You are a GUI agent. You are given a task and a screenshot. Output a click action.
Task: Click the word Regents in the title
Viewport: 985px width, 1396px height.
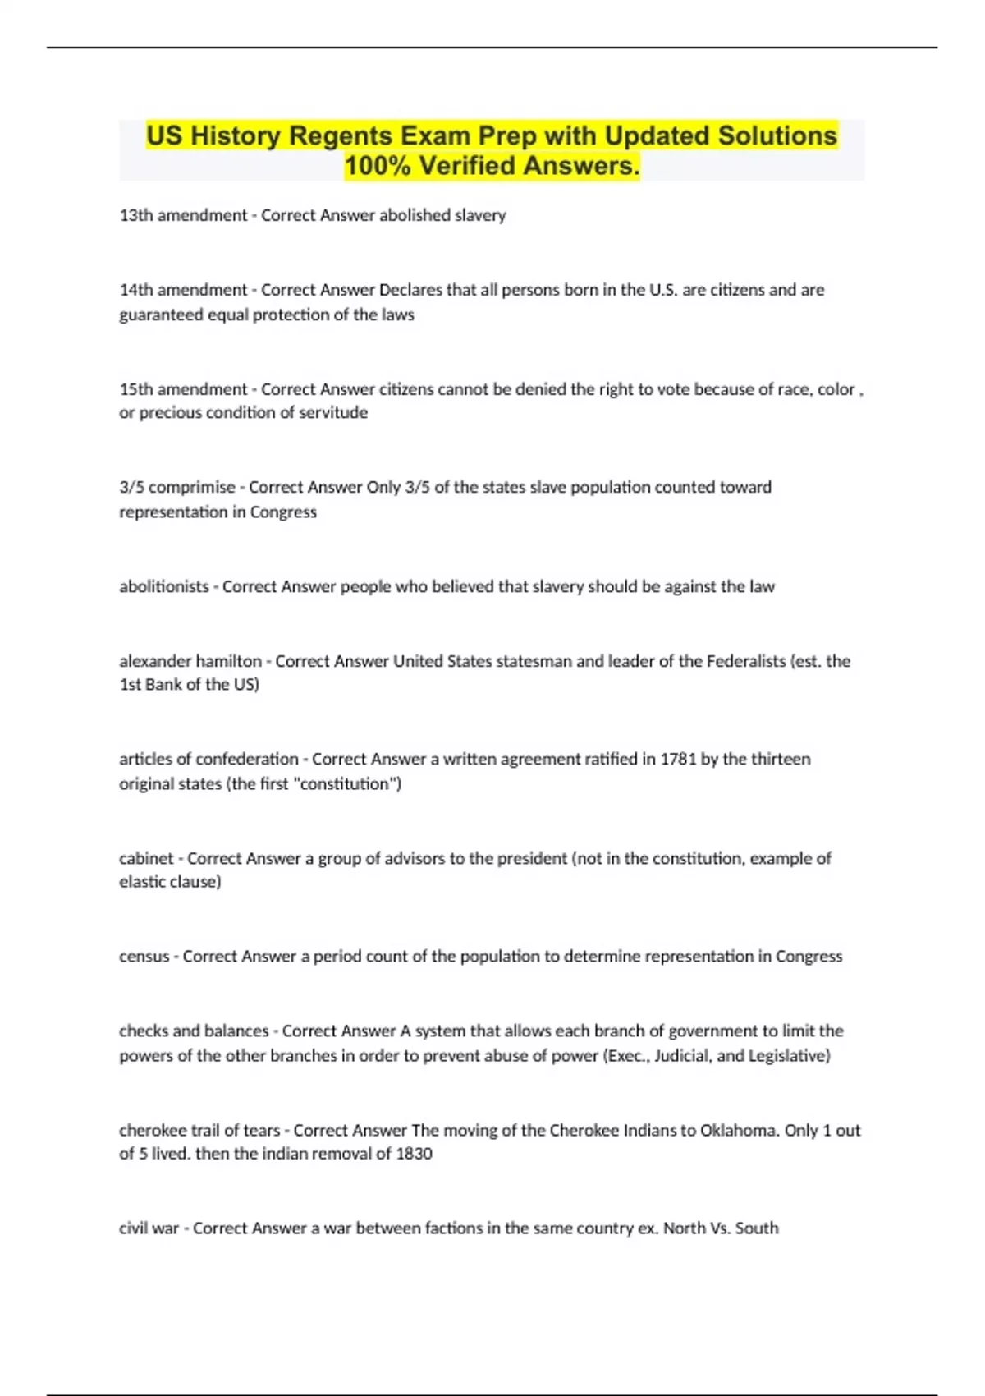point(337,135)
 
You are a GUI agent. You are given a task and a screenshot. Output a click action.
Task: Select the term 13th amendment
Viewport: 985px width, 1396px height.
point(183,215)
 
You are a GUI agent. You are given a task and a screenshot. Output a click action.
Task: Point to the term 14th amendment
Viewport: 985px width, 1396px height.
point(183,290)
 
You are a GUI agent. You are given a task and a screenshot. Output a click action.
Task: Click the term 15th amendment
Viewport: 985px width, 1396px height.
point(183,389)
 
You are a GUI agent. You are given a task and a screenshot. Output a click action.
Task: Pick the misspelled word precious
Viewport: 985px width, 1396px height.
point(169,413)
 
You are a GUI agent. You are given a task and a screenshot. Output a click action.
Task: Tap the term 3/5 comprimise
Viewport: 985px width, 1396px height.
point(177,487)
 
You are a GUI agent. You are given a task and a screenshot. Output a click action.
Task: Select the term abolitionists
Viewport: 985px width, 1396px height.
point(164,586)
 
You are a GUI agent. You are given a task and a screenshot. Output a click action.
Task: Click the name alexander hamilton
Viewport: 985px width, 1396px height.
point(190,661)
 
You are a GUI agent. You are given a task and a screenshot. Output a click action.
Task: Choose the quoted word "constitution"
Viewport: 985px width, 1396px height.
point(347,784)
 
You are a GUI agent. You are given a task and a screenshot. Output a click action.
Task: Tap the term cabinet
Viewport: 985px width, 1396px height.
point(146,858)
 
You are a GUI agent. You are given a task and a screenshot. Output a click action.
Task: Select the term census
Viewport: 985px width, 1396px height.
point(144,957)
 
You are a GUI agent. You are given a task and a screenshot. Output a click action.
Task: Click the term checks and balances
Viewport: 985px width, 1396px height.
point(194,1031)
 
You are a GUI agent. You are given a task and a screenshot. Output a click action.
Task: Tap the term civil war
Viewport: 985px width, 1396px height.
point(149,1228)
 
